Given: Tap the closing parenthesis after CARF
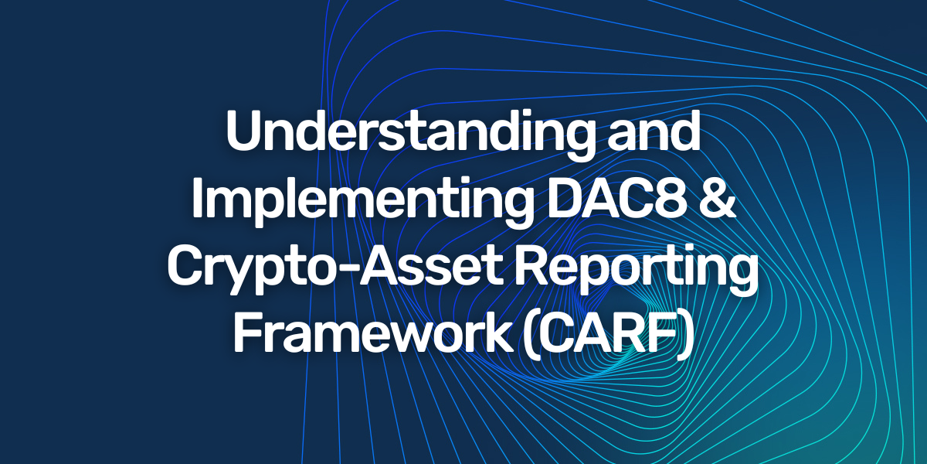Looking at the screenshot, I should pyautogui.click(x=684, y=334).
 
